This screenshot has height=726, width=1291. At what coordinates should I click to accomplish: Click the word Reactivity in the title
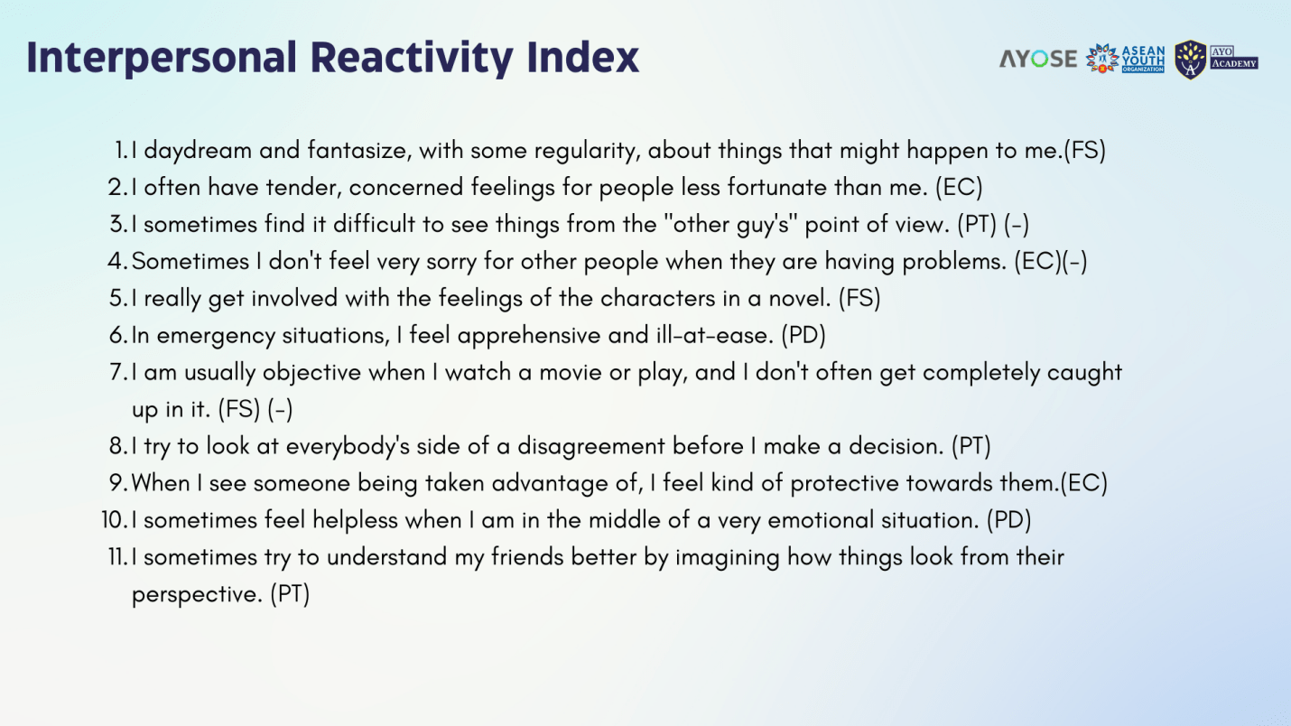coord(411,58)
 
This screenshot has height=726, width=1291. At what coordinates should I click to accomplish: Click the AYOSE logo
coord(1038,59)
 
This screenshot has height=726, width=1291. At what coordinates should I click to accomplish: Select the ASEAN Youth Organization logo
coord(1125,59)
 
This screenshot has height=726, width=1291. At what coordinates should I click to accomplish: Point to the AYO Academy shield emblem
coord(1190,60)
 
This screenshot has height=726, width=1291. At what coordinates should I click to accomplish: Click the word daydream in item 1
coord(197,151)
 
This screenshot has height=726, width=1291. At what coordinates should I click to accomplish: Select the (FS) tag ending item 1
coord(1084,151)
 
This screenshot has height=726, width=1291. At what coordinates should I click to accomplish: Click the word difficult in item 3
coord(374,224)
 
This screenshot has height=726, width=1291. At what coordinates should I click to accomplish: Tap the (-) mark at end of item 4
coord(1074,261)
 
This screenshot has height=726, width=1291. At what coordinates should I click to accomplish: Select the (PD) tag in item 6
coord(803,336)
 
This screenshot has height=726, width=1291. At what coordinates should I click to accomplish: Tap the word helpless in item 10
coord(355,521)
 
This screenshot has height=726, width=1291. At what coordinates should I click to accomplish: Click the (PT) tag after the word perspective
coord(290,594)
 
